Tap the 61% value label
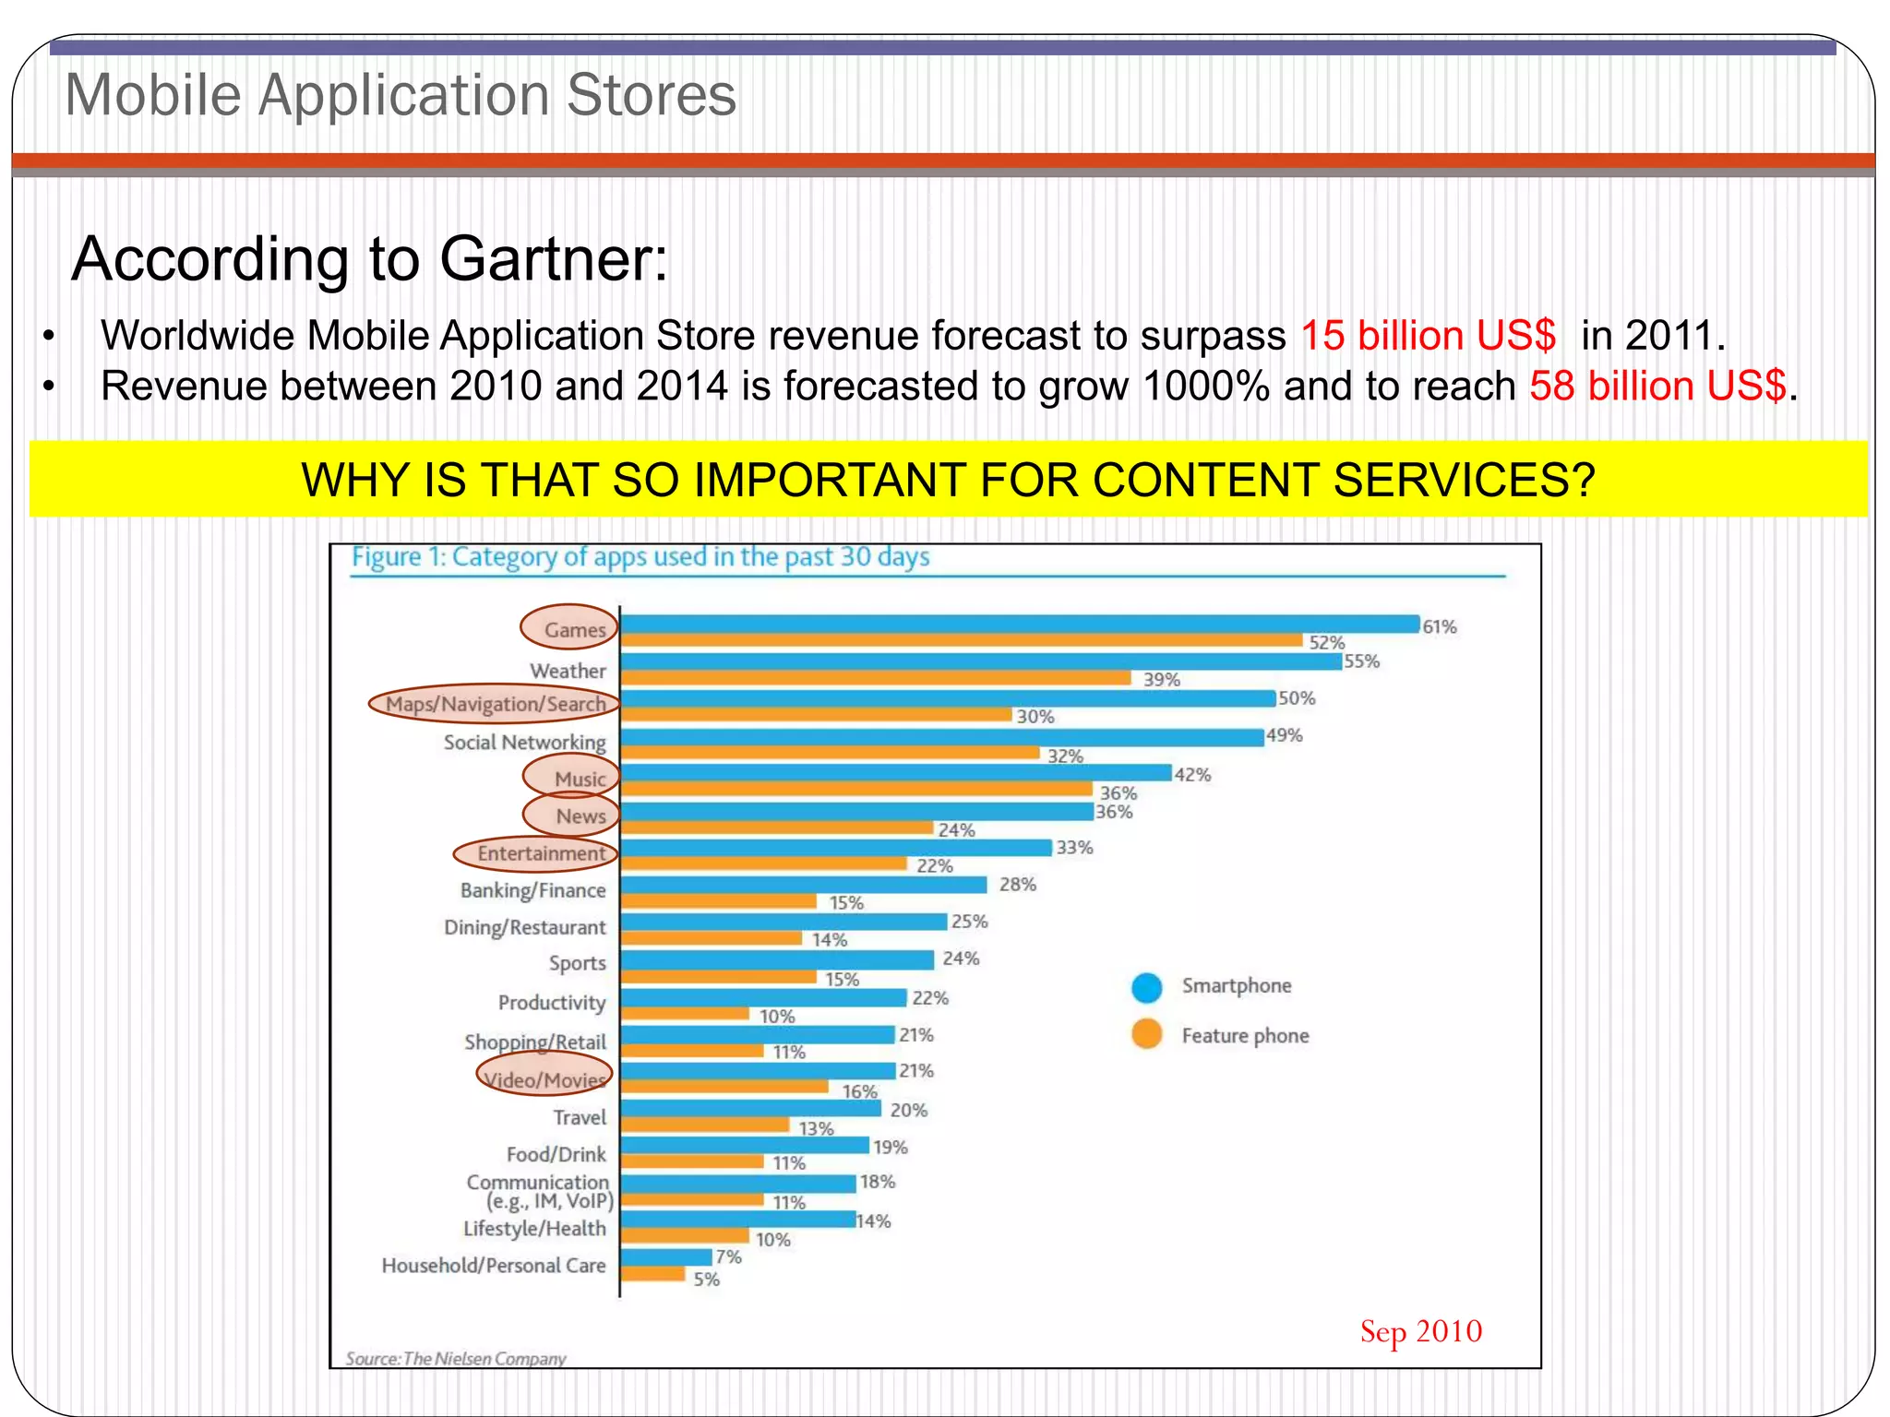[1439, 627]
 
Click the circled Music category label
[579, 780]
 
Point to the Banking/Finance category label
[532, 891]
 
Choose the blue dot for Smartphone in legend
[1146, 987]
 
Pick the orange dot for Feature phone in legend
[1146, 1034]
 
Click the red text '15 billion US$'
[1428, 336]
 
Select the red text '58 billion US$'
[1657, 387]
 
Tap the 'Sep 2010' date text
[1420, 1331]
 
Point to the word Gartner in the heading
[553, 259]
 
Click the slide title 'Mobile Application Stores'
[401, 95]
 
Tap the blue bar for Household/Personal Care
[665, 1257]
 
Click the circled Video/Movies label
[544, 1080]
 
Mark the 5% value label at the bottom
[706, 1280]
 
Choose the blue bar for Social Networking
[941, 737]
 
